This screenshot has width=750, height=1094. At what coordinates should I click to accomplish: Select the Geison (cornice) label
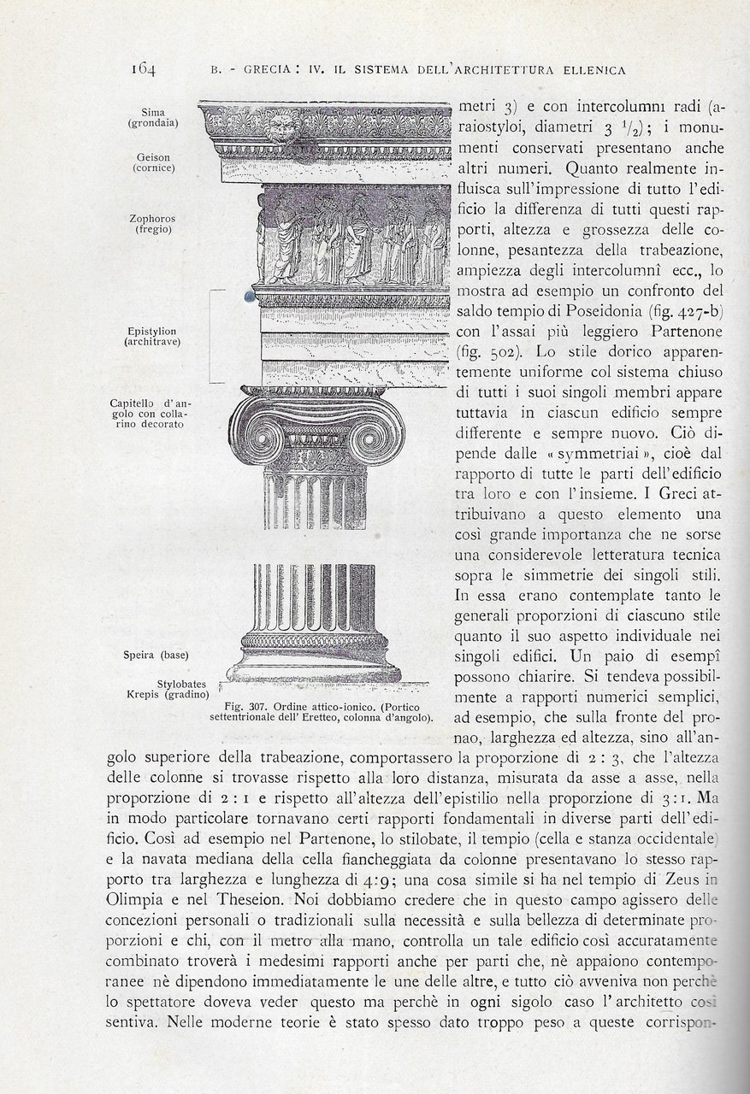[x=154, y=162]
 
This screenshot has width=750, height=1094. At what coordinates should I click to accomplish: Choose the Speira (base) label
[x=161, y=656]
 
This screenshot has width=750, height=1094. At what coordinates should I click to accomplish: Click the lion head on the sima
[x=278, y=131]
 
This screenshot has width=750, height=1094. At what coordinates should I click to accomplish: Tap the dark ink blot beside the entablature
[x=249, y=295]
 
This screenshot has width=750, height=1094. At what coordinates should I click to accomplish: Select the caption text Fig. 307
[x=245, y=707]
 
